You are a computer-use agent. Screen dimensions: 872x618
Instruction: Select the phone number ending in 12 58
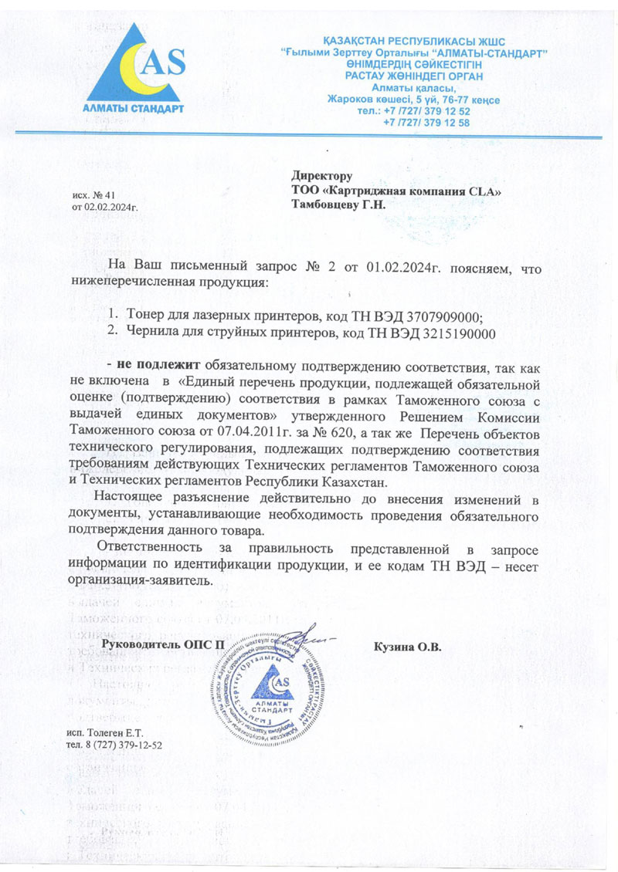(x=427, y=123)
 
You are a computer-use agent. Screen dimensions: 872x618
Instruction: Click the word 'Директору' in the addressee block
(x=322, y=176)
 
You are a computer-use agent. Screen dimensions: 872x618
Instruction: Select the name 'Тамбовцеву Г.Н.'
(x=338, y=204)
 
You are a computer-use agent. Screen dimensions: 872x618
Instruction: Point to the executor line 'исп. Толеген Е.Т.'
(x=106, y=732)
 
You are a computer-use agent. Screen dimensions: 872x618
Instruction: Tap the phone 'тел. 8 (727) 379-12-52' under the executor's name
(x=115, y=745)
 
